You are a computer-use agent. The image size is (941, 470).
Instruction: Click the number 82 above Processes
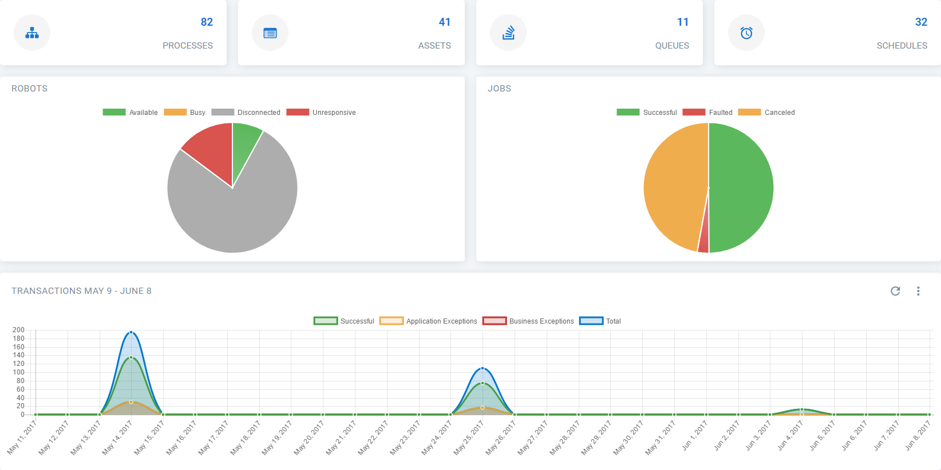tap(207, 22)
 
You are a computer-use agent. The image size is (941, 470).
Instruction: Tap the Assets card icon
tap(270, 33)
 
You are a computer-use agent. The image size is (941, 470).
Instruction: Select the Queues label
tap(672, 46)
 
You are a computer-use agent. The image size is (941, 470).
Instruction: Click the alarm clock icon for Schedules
tap(746, 33)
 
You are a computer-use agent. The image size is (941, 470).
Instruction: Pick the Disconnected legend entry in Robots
tap(246, 113)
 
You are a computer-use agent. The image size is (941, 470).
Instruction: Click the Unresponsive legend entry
tap(321, 113)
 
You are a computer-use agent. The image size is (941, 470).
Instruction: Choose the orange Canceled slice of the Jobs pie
tap(673, 183)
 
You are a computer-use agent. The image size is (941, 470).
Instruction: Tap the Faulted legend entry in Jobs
tap(707, 113)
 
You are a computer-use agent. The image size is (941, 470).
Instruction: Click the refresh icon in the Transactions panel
tap(896, 291)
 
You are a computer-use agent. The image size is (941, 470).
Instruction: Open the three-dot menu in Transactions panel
tap(918, 291)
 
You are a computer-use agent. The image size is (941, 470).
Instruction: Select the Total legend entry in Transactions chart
tap(600, 321)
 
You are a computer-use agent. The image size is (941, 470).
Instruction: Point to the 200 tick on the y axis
tap(19, 330)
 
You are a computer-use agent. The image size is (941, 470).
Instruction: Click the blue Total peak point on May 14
tap(131, 332)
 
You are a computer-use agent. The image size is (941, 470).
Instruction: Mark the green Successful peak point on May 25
tap(483, 383)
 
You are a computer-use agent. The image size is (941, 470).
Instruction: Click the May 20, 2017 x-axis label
tap(310, 438)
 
